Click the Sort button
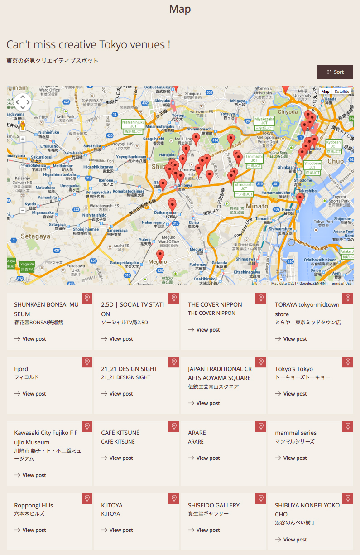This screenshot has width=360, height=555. (335, 72)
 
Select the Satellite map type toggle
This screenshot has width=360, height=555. (342, 92)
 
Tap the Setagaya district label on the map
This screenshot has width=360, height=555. (35, 236)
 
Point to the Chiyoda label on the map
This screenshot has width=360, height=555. (288, 111)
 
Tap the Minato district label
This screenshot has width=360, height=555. (258, 206)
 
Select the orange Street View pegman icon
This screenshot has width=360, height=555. (23, 125)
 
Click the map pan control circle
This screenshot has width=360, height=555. (23, 102)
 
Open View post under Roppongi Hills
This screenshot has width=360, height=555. (30, 530)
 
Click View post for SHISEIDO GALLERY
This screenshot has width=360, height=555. (204, 530)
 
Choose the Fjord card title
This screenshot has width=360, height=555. (21, 369)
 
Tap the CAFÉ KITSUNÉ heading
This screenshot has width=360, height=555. (120, 433)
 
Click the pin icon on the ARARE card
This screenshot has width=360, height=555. (260, 426)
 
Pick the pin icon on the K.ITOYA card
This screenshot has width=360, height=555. (173, 498)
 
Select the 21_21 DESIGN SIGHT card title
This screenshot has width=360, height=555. (129, 369)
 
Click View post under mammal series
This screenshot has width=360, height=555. (291, 458)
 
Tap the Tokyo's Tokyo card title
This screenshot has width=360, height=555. (294, 369)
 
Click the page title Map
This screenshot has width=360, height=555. (180, 9)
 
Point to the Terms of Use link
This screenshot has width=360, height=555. (341, 283)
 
